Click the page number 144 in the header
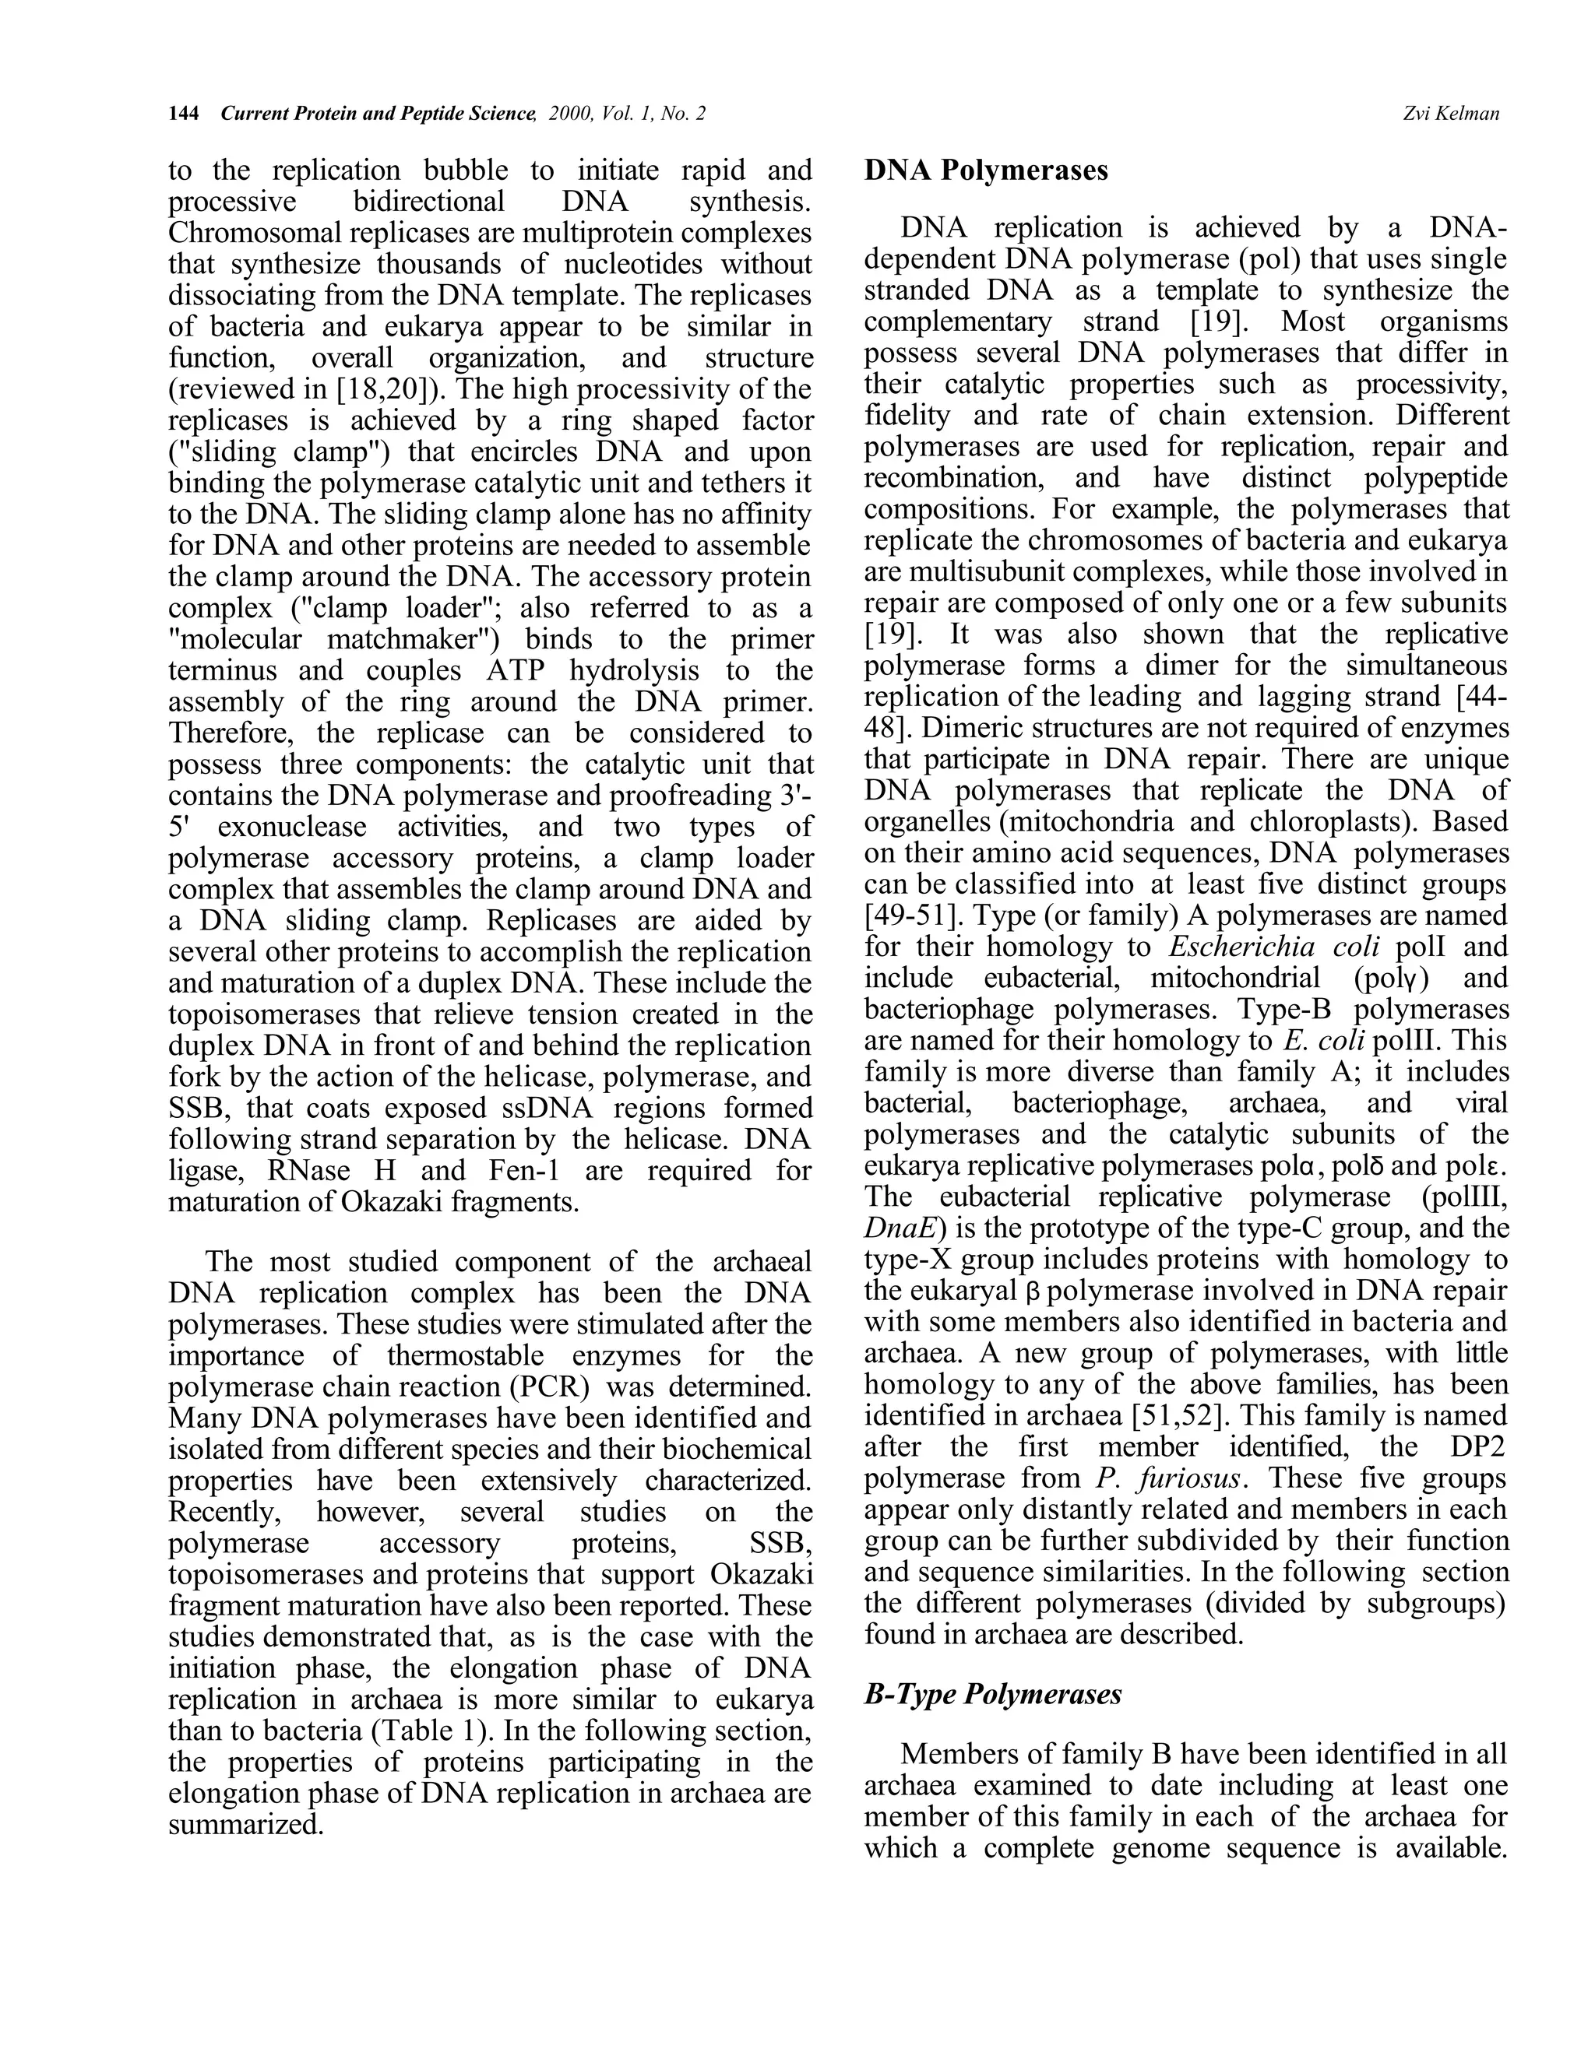(x=183, y=114)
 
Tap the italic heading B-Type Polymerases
(x=992, y=1694)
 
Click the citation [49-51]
(x=909, y=916)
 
